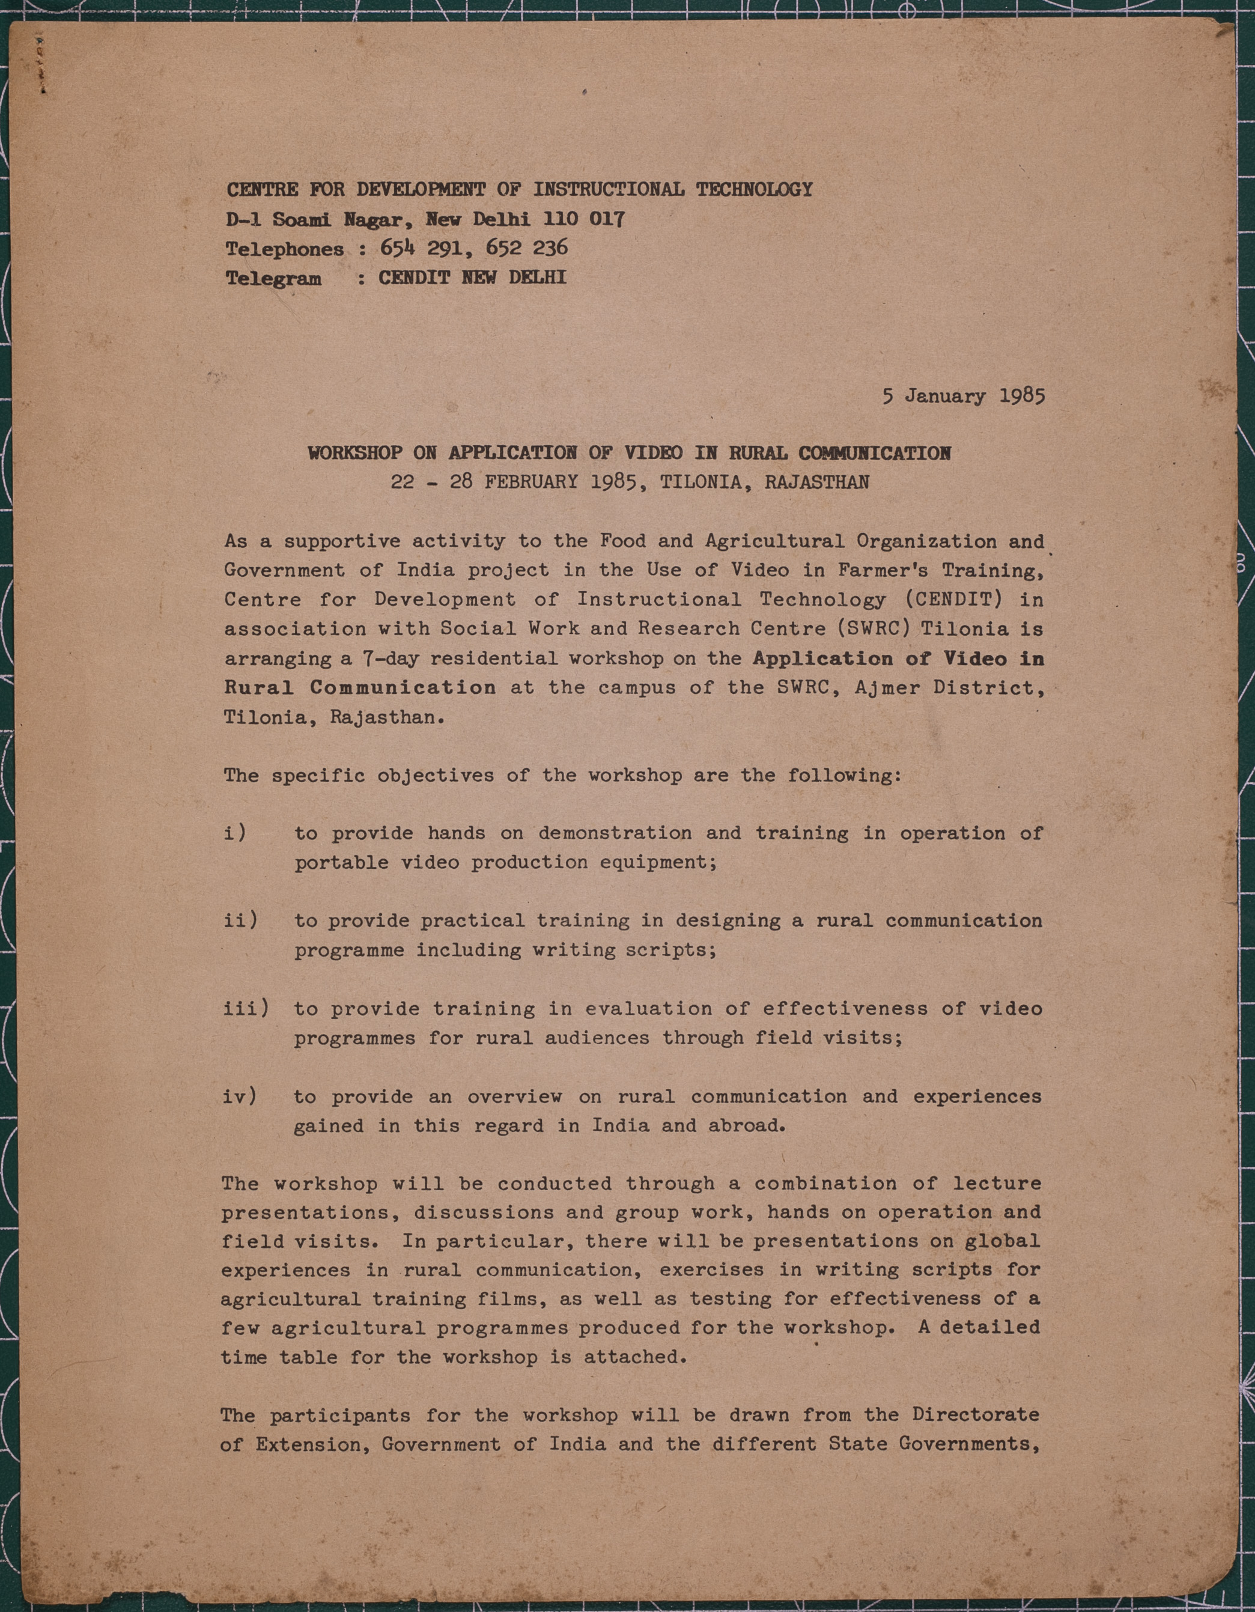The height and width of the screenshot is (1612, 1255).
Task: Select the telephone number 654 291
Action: [422, 248]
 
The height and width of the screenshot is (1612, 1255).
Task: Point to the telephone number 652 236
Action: [526, 248]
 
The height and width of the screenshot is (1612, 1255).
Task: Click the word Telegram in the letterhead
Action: [273, 278]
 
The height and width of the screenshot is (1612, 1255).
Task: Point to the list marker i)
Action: [235, 833]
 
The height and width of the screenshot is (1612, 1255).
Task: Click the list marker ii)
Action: [240, 920]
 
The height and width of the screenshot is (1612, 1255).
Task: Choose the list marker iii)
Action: [245, 1008]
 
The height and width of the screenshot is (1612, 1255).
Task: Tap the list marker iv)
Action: [240, 1096]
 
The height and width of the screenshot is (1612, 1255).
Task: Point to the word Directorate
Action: [976, 1414]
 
